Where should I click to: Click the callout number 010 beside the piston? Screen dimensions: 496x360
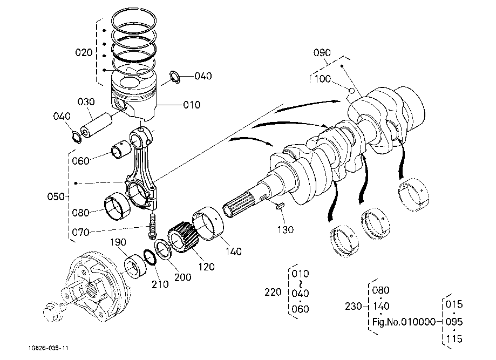[192, 105]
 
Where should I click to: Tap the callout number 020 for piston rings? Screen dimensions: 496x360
[84, 52]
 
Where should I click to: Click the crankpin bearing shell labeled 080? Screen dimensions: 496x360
[117, 208]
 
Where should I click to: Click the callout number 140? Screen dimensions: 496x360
[234, 252]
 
